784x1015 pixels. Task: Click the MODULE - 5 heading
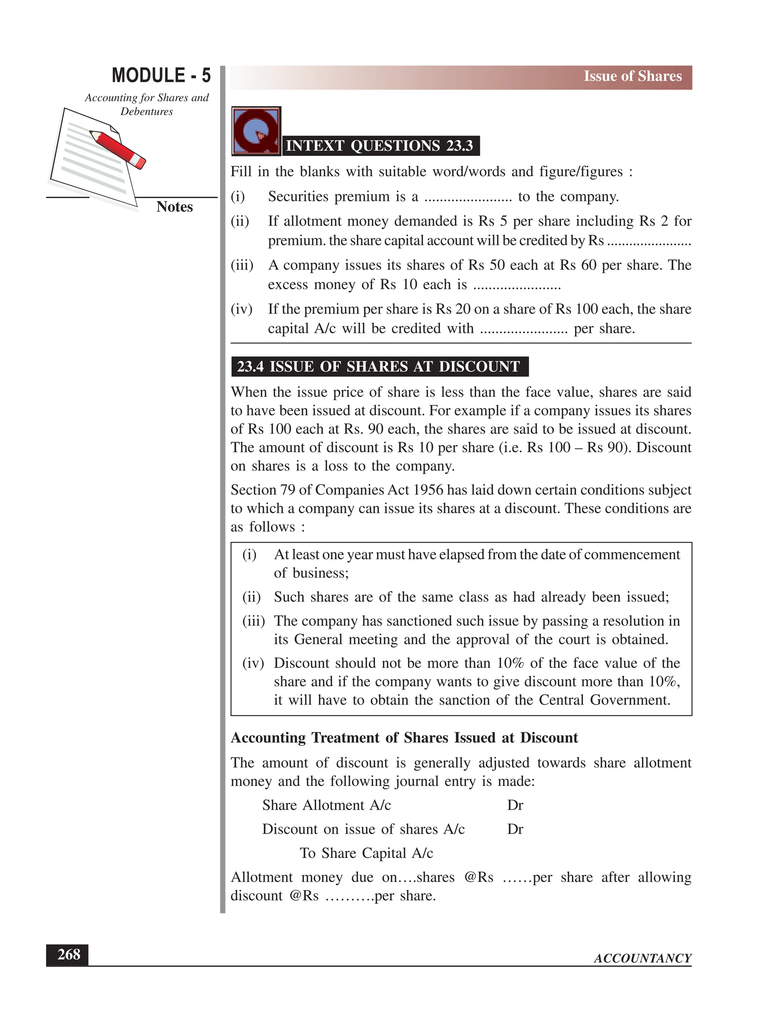click(x=161, y=75)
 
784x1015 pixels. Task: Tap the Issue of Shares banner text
click(x=632, y=76)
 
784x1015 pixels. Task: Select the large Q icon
click(x=256, y=131)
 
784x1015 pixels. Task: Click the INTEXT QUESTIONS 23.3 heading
click(x=379, y=146)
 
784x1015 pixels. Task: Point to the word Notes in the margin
click(x=174, y=207)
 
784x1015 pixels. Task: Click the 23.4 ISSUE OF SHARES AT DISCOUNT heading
click(x=379, y=367)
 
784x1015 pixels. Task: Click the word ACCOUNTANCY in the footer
click(x=642, y=958)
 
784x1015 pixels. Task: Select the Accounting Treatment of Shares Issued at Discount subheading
click(x=404, y=738)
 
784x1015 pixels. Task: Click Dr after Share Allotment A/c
click(x=515, y=805)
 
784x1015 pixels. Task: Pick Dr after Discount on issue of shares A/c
click(x=515, y=830)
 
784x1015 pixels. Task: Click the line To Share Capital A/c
click(x=366, y=853)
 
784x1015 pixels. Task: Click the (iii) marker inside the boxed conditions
click(x=253, y=621)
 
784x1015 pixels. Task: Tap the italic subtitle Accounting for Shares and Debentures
click(x=147, y=104)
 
